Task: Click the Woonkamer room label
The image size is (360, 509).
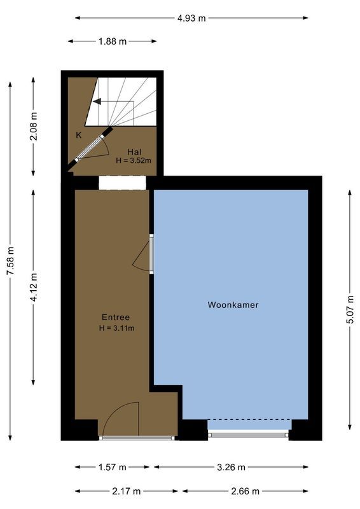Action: pyautogui.click(x=233, y=305)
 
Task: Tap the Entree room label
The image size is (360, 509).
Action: pyautogui.click(x=116, y=317)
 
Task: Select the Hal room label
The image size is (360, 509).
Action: pyautogui.click(x=134, y=151)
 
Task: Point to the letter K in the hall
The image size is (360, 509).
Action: pyautogui.click(x=78, y=135)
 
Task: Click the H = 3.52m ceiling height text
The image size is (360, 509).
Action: pyautogui.click(x=134, y=161)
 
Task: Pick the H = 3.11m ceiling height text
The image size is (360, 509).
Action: pyautogui.click(x=116, y=328)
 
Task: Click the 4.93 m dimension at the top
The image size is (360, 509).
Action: pyautogui.click(x=191, y=18)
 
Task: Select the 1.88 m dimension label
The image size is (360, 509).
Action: pyautogui.click(x=112, y=41)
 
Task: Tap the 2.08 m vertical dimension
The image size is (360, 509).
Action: pyautogui.click(x=34, y=127)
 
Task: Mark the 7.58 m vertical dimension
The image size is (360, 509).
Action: pyautogui.click(x=10, y=261)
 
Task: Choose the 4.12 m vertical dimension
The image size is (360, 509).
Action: pyautogui.click(x=34, y=287)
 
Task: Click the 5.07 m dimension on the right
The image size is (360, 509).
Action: pyautogui.click(x=350, y=309)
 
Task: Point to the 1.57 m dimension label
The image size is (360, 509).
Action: pyautogui.click(x=112, y=467)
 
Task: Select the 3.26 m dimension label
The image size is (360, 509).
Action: pyautogui.click(x=230, y=467)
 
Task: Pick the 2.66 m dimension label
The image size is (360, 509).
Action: pyautogui.click(x=245, y=491)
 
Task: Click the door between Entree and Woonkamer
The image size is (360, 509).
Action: pyautogui.click(x=151, y=254)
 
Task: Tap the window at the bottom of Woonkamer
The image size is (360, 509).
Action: pyautogui.click(x=248, y=435)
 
